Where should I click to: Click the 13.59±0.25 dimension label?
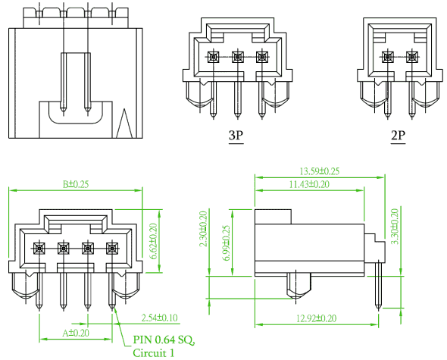(319, 171)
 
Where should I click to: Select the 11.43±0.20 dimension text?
(309, 184)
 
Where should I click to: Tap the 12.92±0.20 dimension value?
(317, 318)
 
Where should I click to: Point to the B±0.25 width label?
(76, 184)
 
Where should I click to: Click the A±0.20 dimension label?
(76, 333)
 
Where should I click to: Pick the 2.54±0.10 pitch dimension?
(160, 318)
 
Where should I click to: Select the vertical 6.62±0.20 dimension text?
(153, 241)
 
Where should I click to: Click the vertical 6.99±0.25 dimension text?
(227, 243)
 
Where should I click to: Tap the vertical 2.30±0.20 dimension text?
(203, 229)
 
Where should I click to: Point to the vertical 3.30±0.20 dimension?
(395, 227)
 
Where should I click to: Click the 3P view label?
(236, 136)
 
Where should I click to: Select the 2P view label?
(398, 136)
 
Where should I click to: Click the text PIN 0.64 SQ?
(164, 340)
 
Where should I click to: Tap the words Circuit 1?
(153, 353)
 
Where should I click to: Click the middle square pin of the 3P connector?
(237, 57)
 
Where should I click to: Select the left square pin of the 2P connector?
(388, 57)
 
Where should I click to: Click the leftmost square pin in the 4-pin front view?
(39, 249)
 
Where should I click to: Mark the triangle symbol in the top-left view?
(124, 124)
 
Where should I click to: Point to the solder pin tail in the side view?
(379, 285)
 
